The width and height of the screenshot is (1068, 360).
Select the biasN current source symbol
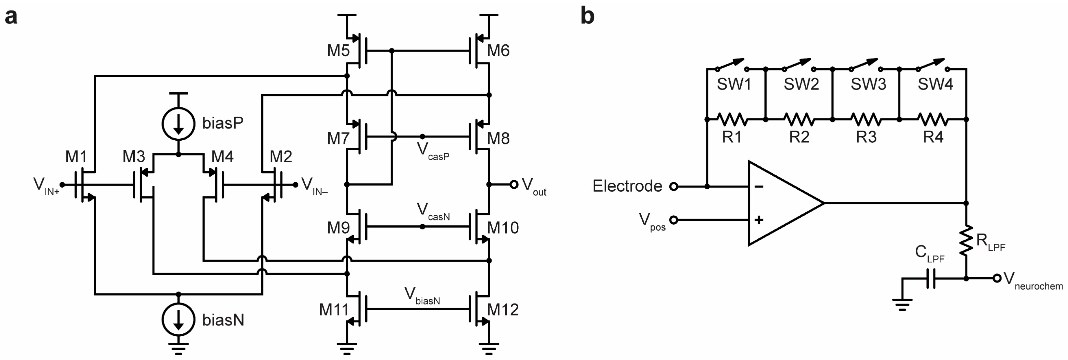[178, 320]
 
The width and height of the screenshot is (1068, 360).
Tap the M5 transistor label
[338, 51]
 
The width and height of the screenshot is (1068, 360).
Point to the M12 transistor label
[503, 309]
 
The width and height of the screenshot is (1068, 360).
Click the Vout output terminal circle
[514, 185]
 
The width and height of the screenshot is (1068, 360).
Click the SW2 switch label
[801, 84]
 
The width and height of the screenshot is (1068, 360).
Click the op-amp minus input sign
[759, 187]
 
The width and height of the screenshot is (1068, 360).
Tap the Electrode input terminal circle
[674, 187]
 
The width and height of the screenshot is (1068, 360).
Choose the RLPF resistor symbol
[966, 241]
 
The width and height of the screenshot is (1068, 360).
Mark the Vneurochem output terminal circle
[997, 279]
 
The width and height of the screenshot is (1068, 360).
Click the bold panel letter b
[587, 17]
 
